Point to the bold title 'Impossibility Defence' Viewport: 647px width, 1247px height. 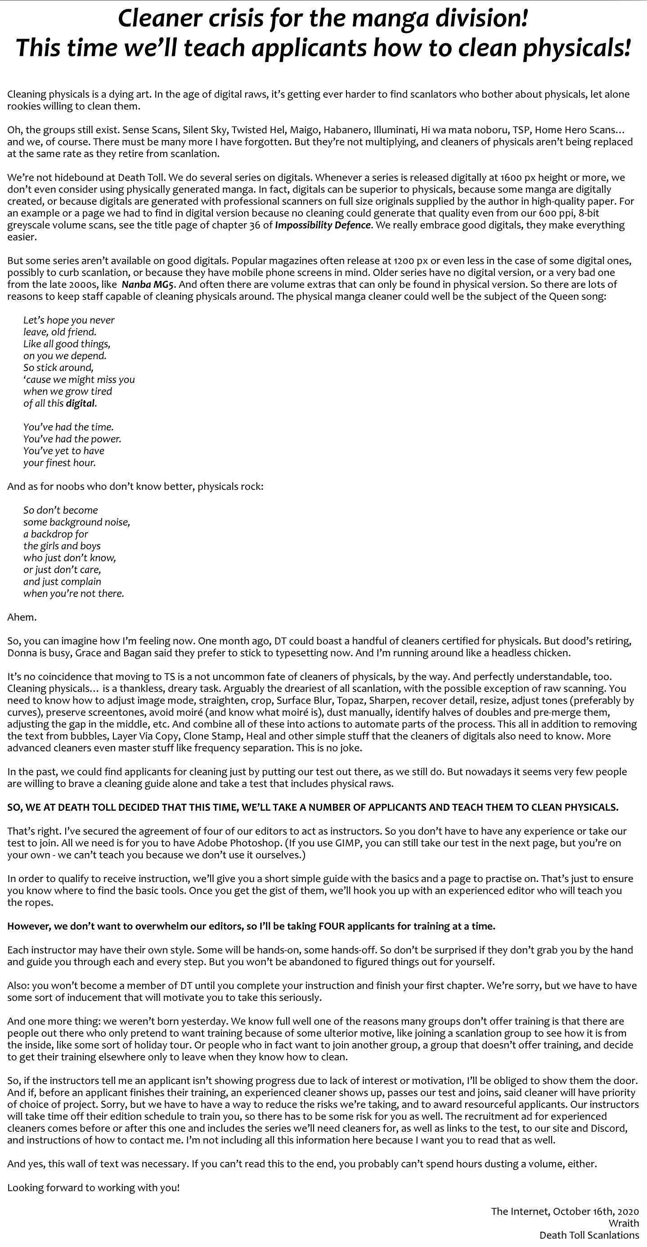tap(323, 225)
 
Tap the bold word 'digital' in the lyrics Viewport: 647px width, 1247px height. tap(81, 403)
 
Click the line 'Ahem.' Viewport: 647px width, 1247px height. tap(22, 617)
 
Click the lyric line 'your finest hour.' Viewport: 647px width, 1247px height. tap(59, 463)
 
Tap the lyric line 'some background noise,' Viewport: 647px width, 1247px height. tap(76, 522)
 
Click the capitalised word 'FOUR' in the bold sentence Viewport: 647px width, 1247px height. tap(331, 926)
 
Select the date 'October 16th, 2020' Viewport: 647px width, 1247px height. tap(596, 1211)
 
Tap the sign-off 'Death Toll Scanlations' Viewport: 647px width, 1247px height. tap(589, 1235)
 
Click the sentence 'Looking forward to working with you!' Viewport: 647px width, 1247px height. tap(94, 1188)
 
